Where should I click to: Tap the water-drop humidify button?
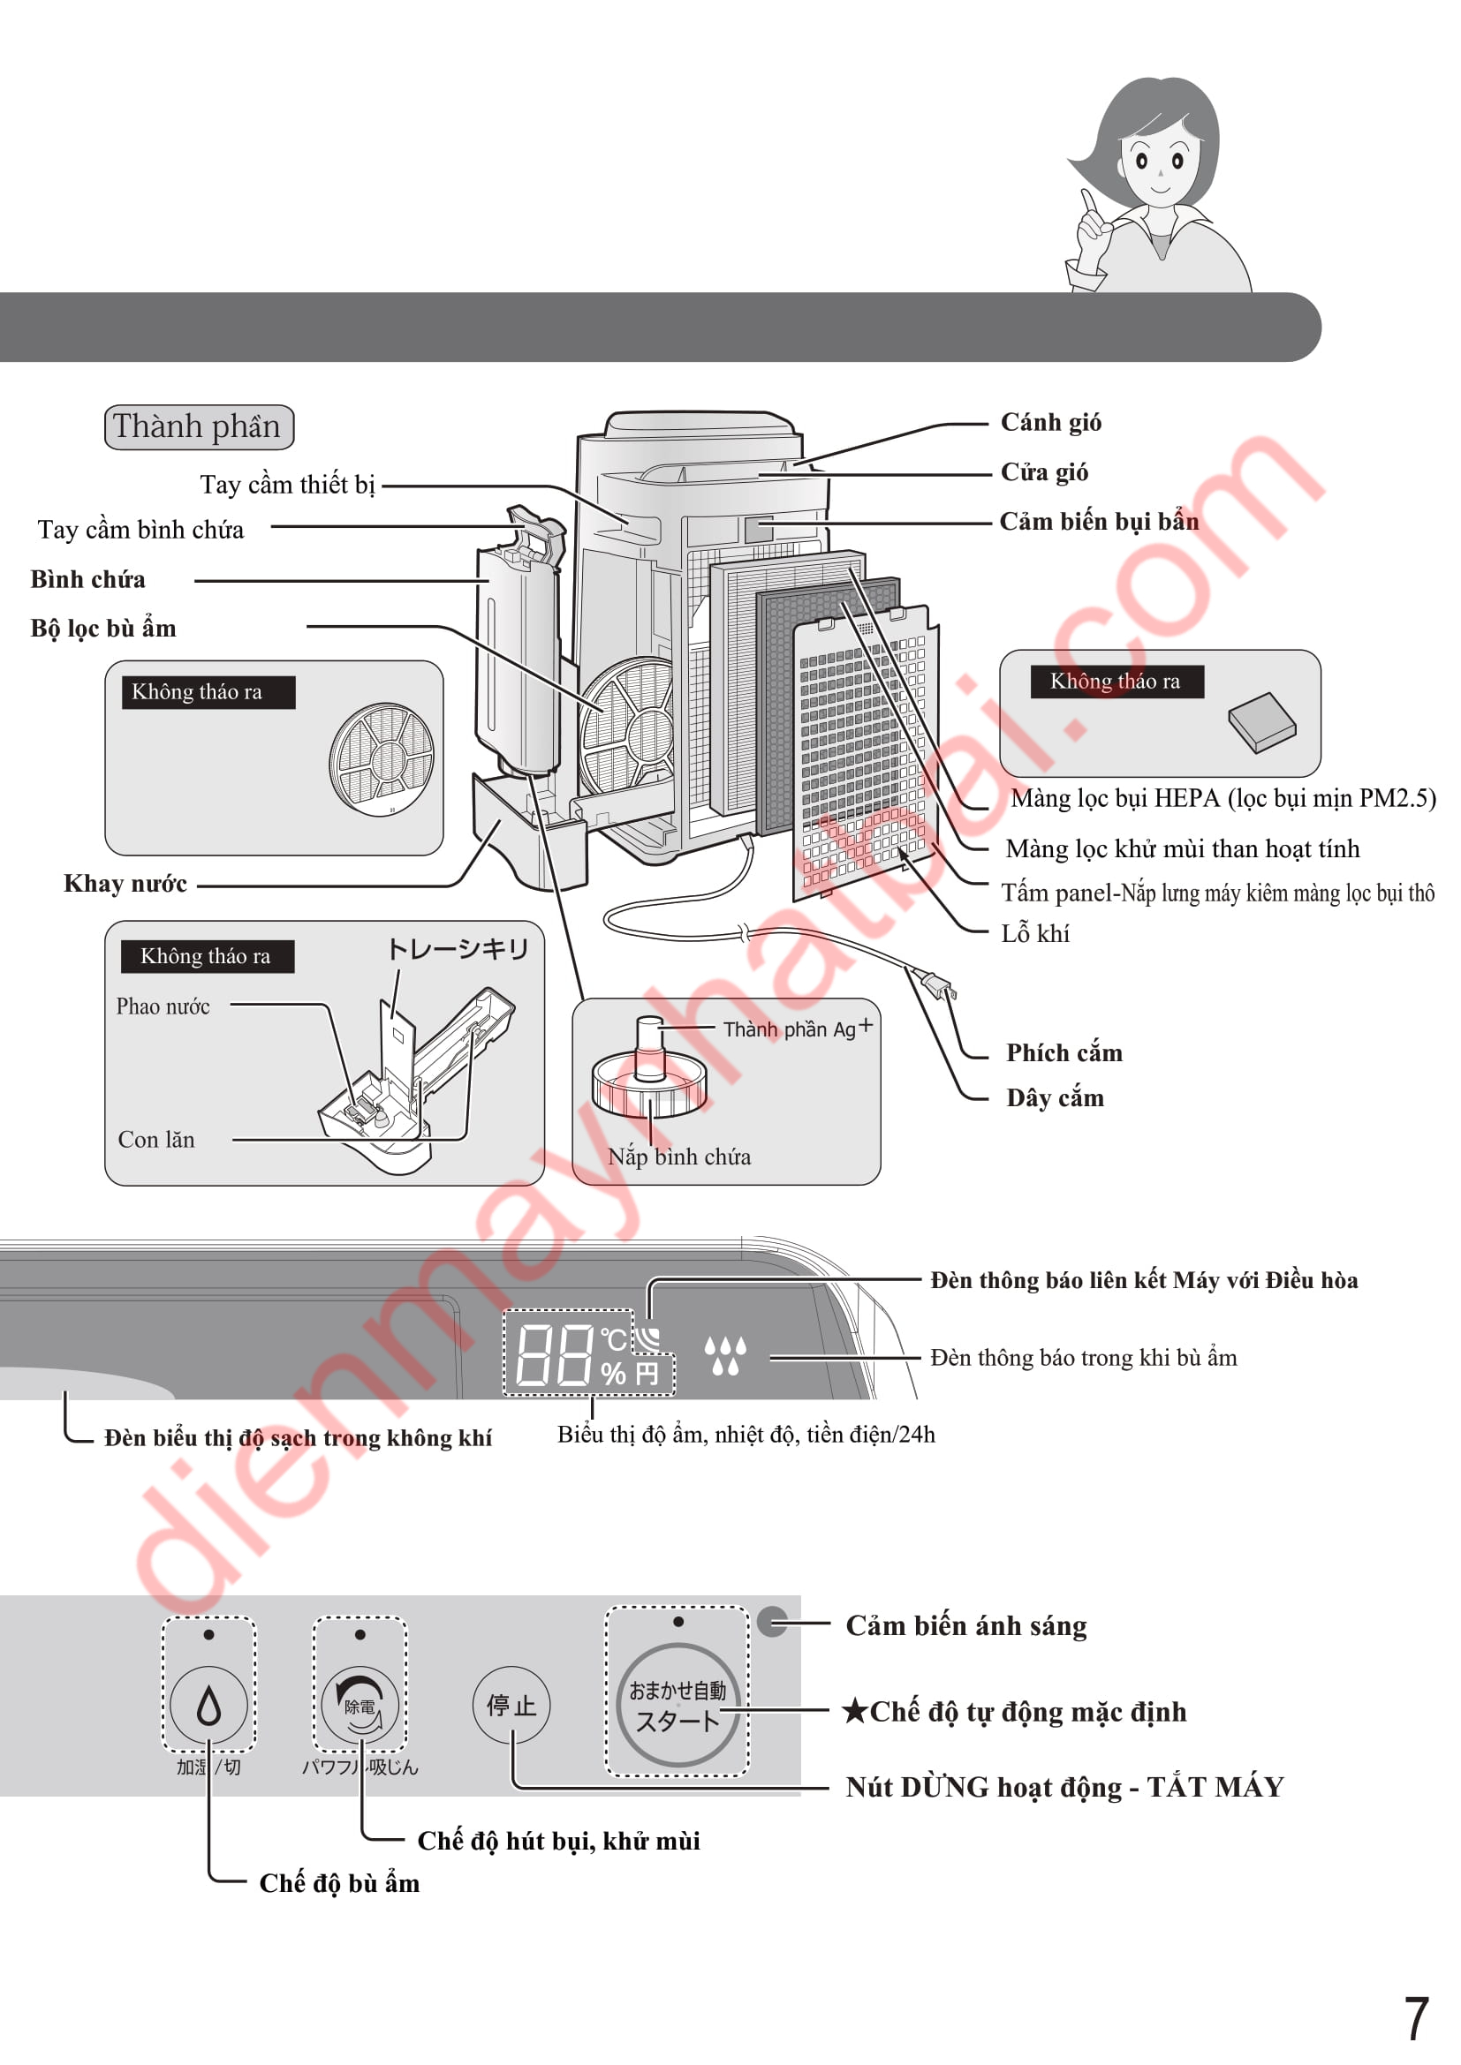tap(208, 1704)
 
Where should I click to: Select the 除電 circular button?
tap(360, 1704)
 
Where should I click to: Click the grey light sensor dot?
tap(772, 1622)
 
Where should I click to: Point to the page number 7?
tap(1416, 2017)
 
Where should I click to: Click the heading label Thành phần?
tap(199, 426)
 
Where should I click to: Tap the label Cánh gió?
tap(1051, 423)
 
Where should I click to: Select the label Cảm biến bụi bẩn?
tap(1099, 522)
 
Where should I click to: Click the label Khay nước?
tap(125, 884)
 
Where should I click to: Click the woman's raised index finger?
tap(1089, 203)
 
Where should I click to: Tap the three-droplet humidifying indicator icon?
tap(725, 1354)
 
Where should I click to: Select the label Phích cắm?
tap(1064, 1053)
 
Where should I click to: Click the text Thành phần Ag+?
tap(797, 1028)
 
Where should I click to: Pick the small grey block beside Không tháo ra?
tap(1261, 721)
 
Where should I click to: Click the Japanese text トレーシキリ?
tap(457, 949)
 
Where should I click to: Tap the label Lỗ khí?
tap(1035, 933)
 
